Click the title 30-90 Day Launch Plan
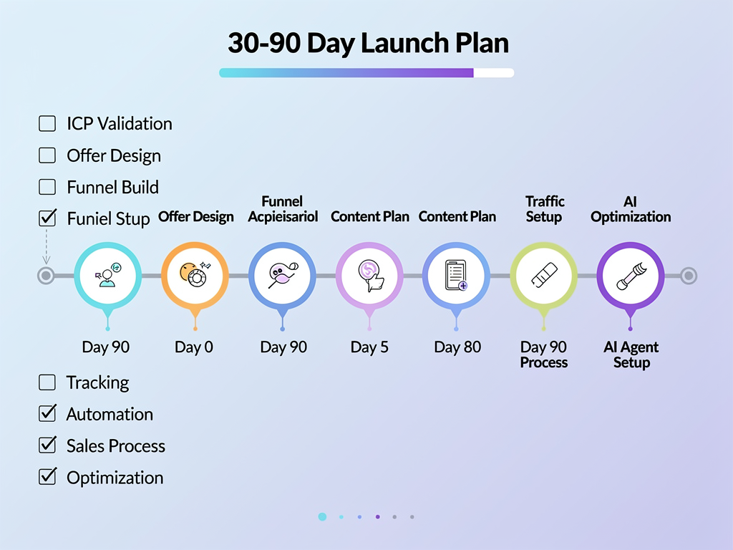[368, 44]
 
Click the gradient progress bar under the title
[366, 72]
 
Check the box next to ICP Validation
[47, 124]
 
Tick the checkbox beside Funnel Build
[47, 187]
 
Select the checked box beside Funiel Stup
[47, 218]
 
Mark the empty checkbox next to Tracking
[47, 382]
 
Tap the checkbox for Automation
[47, 414]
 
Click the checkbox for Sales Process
[47, 445]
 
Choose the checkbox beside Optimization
[47, 477]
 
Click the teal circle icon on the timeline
[107, 275]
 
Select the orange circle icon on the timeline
[195, 275]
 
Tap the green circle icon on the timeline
[543, 275]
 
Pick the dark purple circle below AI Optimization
[631, 275]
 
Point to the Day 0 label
[194, 347]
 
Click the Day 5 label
[369, 347]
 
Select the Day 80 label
[457, 347]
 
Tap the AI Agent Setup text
[631, 354]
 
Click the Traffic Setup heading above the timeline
[544, 209]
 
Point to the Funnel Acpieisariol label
[283, 209]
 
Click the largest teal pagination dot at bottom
[322, 516]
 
